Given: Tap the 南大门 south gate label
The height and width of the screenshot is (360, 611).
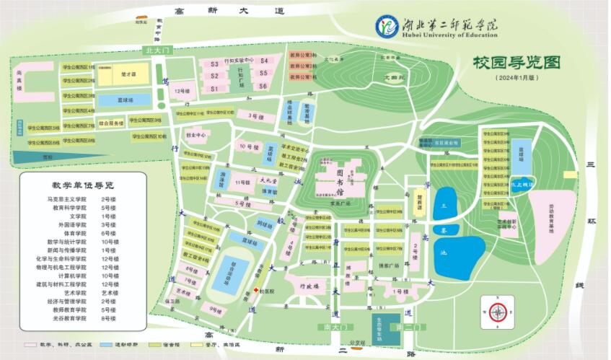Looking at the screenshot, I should [x=333, y=328].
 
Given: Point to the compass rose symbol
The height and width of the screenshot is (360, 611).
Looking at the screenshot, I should [x=497, y=312].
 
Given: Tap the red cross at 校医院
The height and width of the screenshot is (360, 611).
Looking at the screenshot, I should [x=256, y=289].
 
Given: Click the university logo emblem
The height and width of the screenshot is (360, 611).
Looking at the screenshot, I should [x=387, y=26].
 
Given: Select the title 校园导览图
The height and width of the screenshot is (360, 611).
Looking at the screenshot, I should [x=517, y=63].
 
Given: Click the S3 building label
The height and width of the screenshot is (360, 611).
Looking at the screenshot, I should [x=214, y=64].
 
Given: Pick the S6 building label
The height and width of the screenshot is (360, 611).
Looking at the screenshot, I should [x=264, y=87].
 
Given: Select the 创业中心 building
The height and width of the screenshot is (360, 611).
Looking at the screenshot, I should [x=196, y=135].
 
